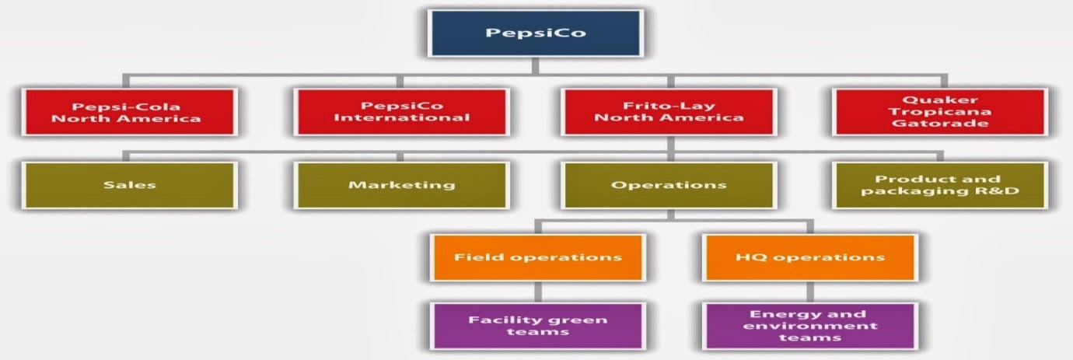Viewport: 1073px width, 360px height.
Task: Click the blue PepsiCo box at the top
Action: (x=536, y=33)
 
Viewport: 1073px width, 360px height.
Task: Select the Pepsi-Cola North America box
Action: (x=129, y=113)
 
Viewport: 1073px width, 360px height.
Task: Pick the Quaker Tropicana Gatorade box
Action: (x=940, y=113)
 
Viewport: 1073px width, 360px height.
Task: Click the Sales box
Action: (x=129, y=185)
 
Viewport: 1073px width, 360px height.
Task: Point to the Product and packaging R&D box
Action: (x=940, y=185)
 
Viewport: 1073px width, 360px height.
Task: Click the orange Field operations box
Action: (x=538, y=257)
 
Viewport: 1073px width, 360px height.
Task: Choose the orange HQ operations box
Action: (x=809, y=257)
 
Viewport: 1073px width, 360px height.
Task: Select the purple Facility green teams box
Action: (x=538, y=326)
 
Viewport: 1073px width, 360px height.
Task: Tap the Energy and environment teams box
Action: (x=809, y=326)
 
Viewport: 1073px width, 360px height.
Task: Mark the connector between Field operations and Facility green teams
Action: (x=538, y=292)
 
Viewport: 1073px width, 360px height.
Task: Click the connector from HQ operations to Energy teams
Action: (x=809, y=292)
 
